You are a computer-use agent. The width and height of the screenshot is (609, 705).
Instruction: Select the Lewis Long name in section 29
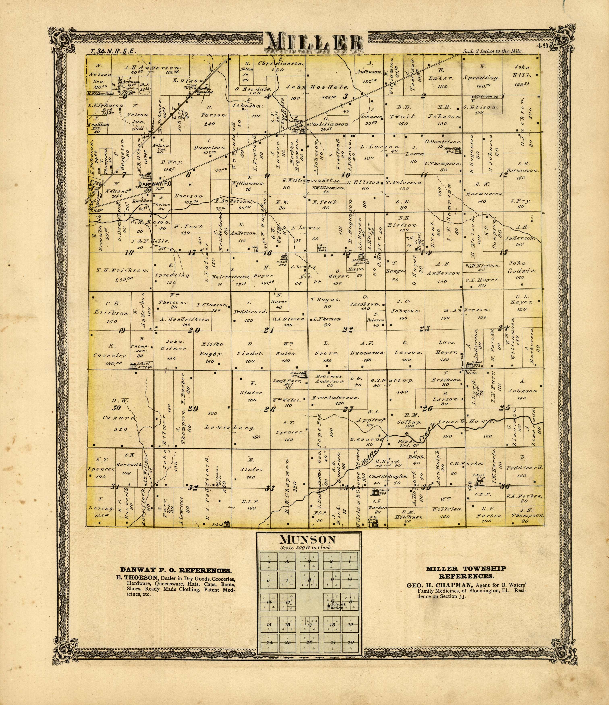(230, 427)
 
